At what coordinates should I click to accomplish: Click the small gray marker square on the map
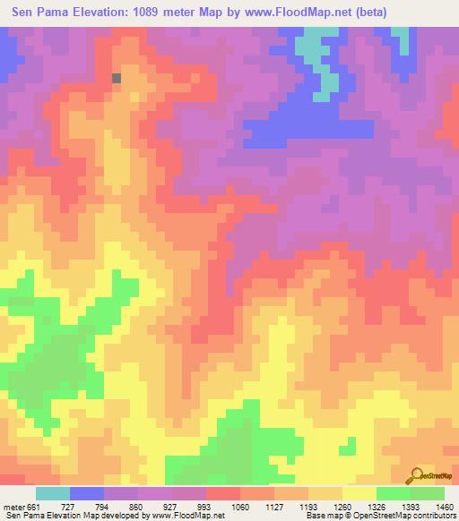coord(117,78)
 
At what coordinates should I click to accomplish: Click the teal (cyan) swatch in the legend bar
coord(53,493)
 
